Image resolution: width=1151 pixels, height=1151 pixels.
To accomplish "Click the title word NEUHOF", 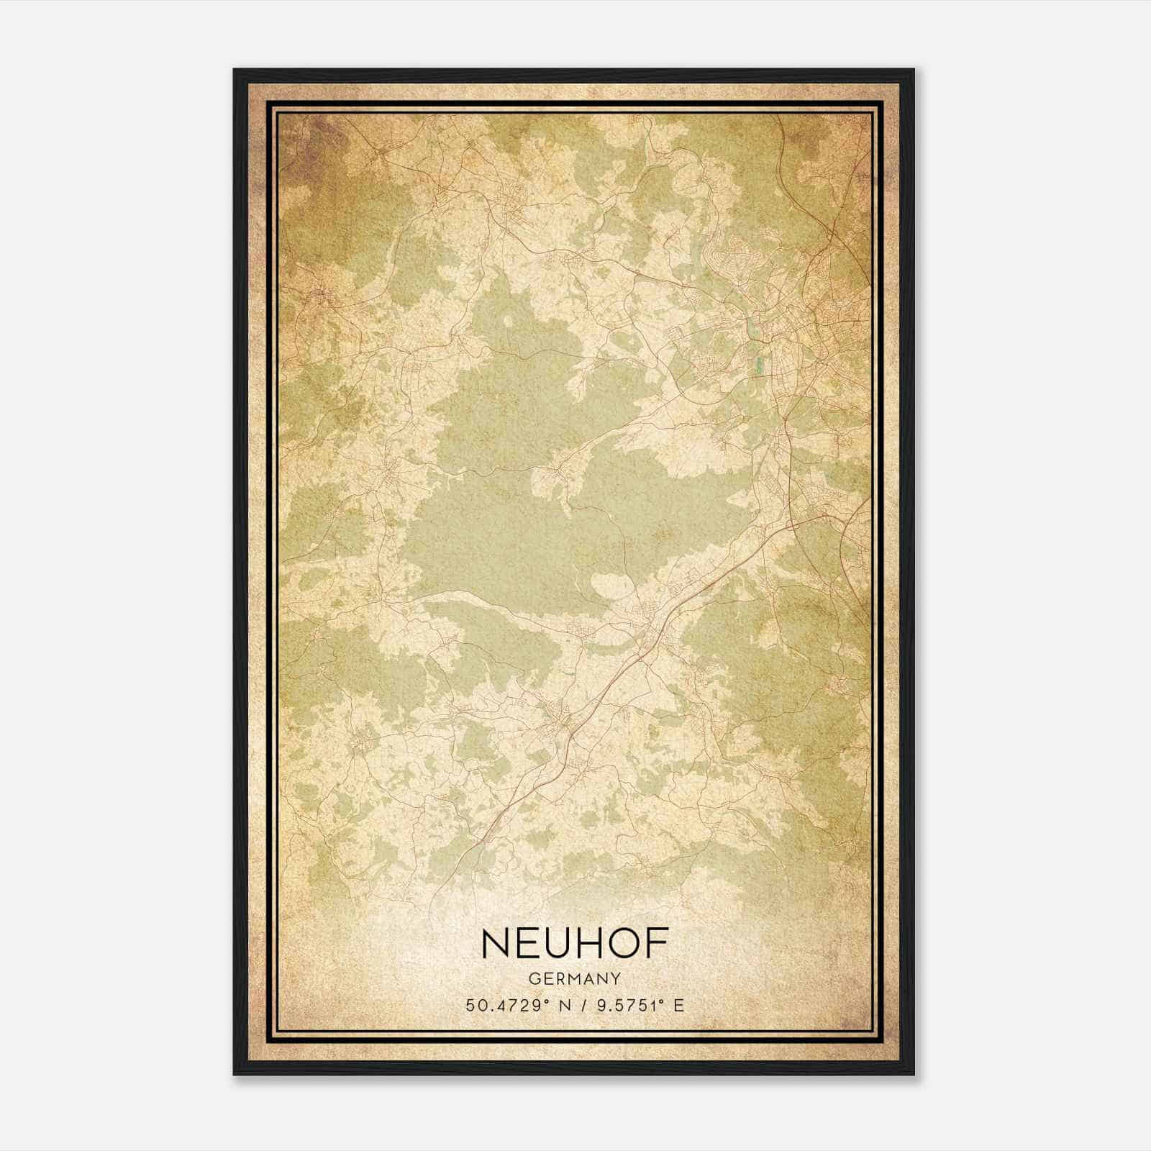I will click(575, 943).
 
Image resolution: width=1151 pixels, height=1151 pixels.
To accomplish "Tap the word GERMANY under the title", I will click(575, 979).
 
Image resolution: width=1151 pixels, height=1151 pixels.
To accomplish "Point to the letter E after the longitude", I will click(679, 1006).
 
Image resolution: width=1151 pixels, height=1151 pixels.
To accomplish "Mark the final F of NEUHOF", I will click(656, 943).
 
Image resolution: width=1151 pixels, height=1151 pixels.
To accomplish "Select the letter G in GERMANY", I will click(533, 979).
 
